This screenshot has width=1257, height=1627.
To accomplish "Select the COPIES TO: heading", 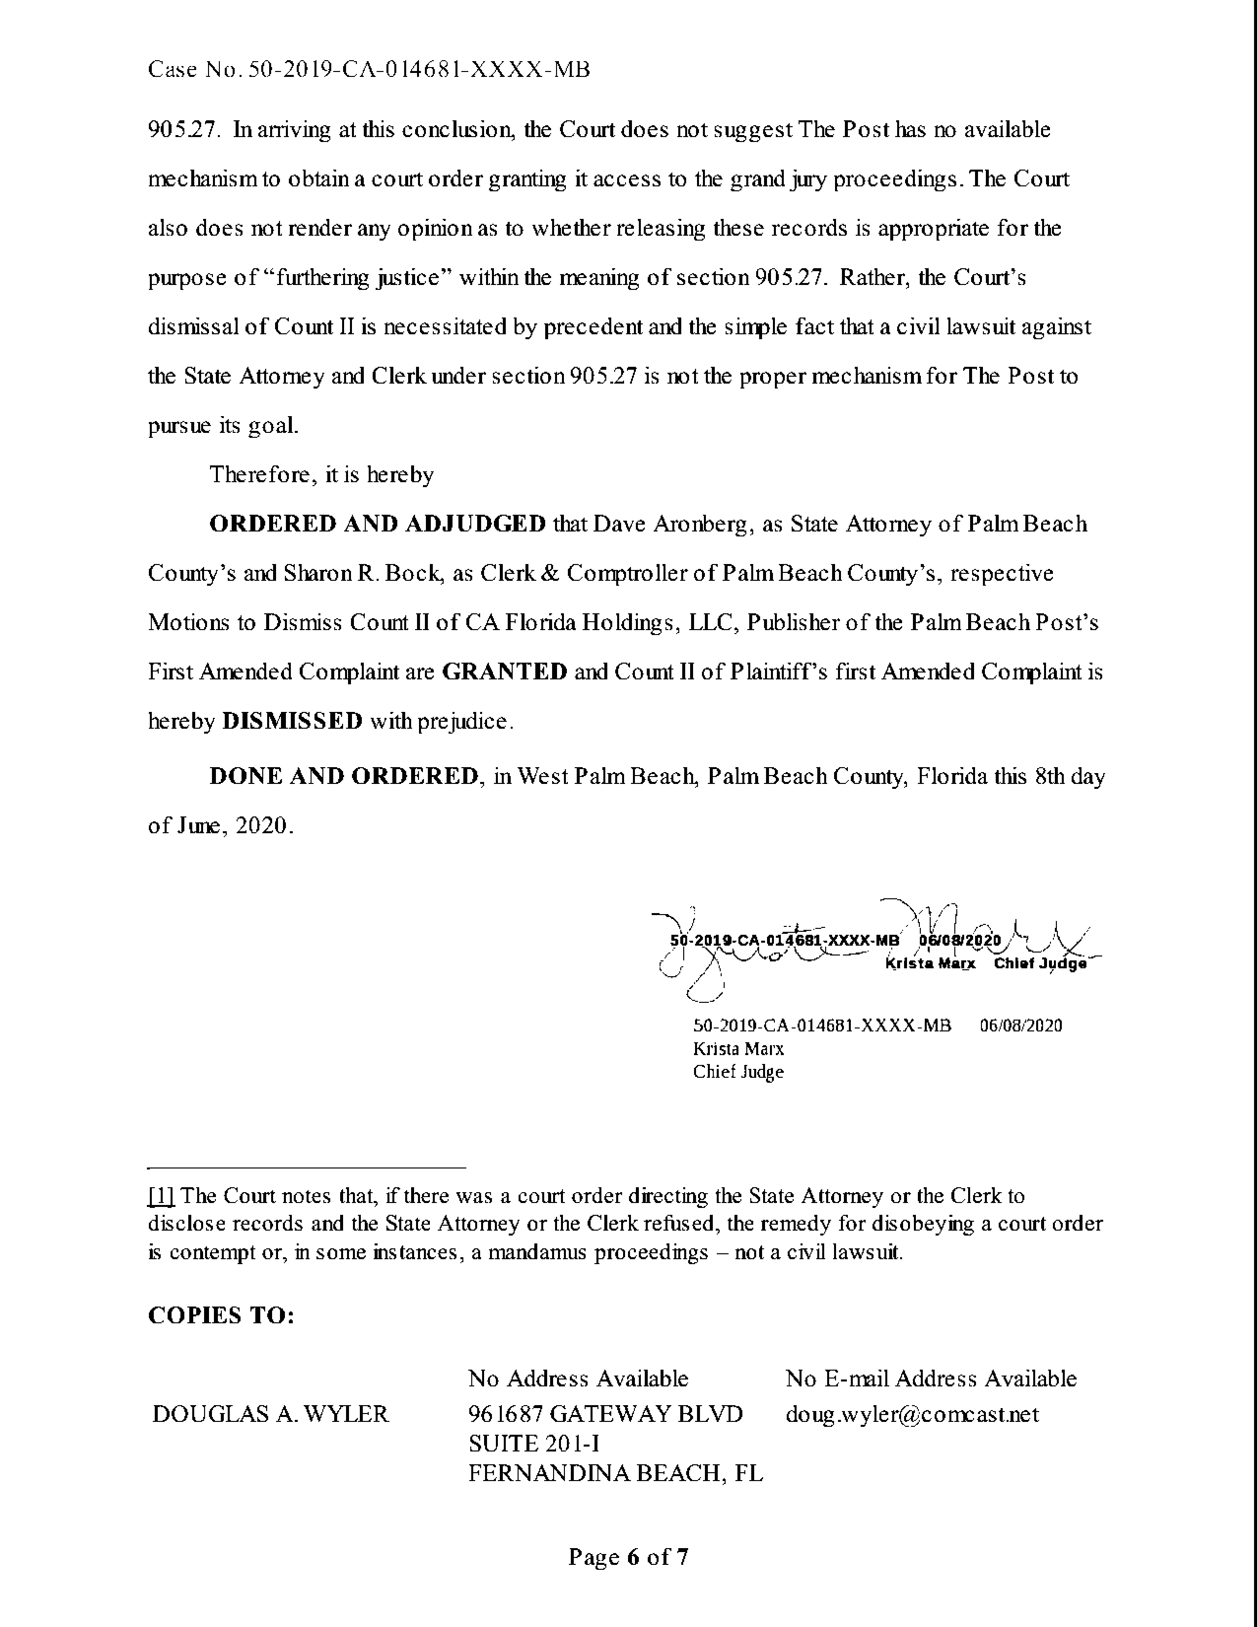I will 221,1315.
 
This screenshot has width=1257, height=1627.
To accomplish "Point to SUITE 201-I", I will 534,1443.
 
